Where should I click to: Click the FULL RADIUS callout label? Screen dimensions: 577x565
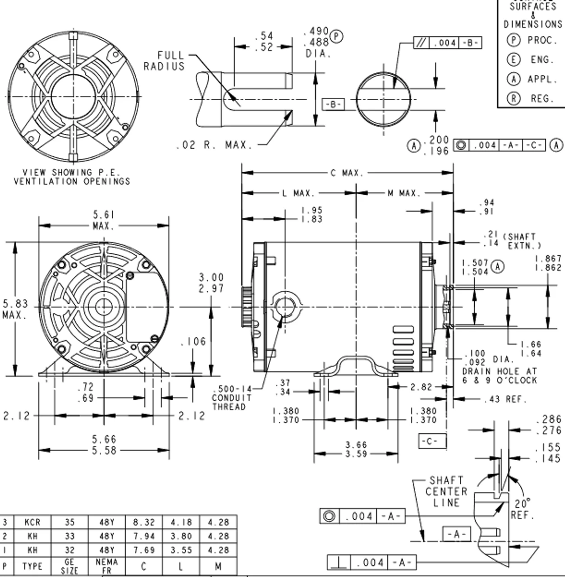click(164, 61)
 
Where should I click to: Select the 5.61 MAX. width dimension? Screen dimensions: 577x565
click(104, 220)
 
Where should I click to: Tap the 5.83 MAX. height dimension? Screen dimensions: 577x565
click(14, 309)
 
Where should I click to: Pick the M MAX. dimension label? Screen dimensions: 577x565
click(404, 193)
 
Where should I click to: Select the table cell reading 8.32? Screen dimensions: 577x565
click(143, 522)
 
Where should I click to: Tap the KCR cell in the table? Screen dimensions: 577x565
click(32, 522)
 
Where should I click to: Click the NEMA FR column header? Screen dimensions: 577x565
click(106, 566)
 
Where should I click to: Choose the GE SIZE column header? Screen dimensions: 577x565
click(69, 566)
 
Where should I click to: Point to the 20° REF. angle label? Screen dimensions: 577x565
click(522, 509)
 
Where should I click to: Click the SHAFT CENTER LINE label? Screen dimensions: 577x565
click(446, 492)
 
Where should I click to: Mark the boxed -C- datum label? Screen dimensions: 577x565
click(432, 441)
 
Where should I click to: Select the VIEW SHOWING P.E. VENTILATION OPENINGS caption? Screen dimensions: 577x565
click(72, 177)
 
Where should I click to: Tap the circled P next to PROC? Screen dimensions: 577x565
click(514, 40)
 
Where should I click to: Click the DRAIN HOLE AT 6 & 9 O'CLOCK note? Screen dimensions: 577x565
click(500, 376)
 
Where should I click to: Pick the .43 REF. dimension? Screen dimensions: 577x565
click(505, 399)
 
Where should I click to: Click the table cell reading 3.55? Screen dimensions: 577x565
click(181, 550)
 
